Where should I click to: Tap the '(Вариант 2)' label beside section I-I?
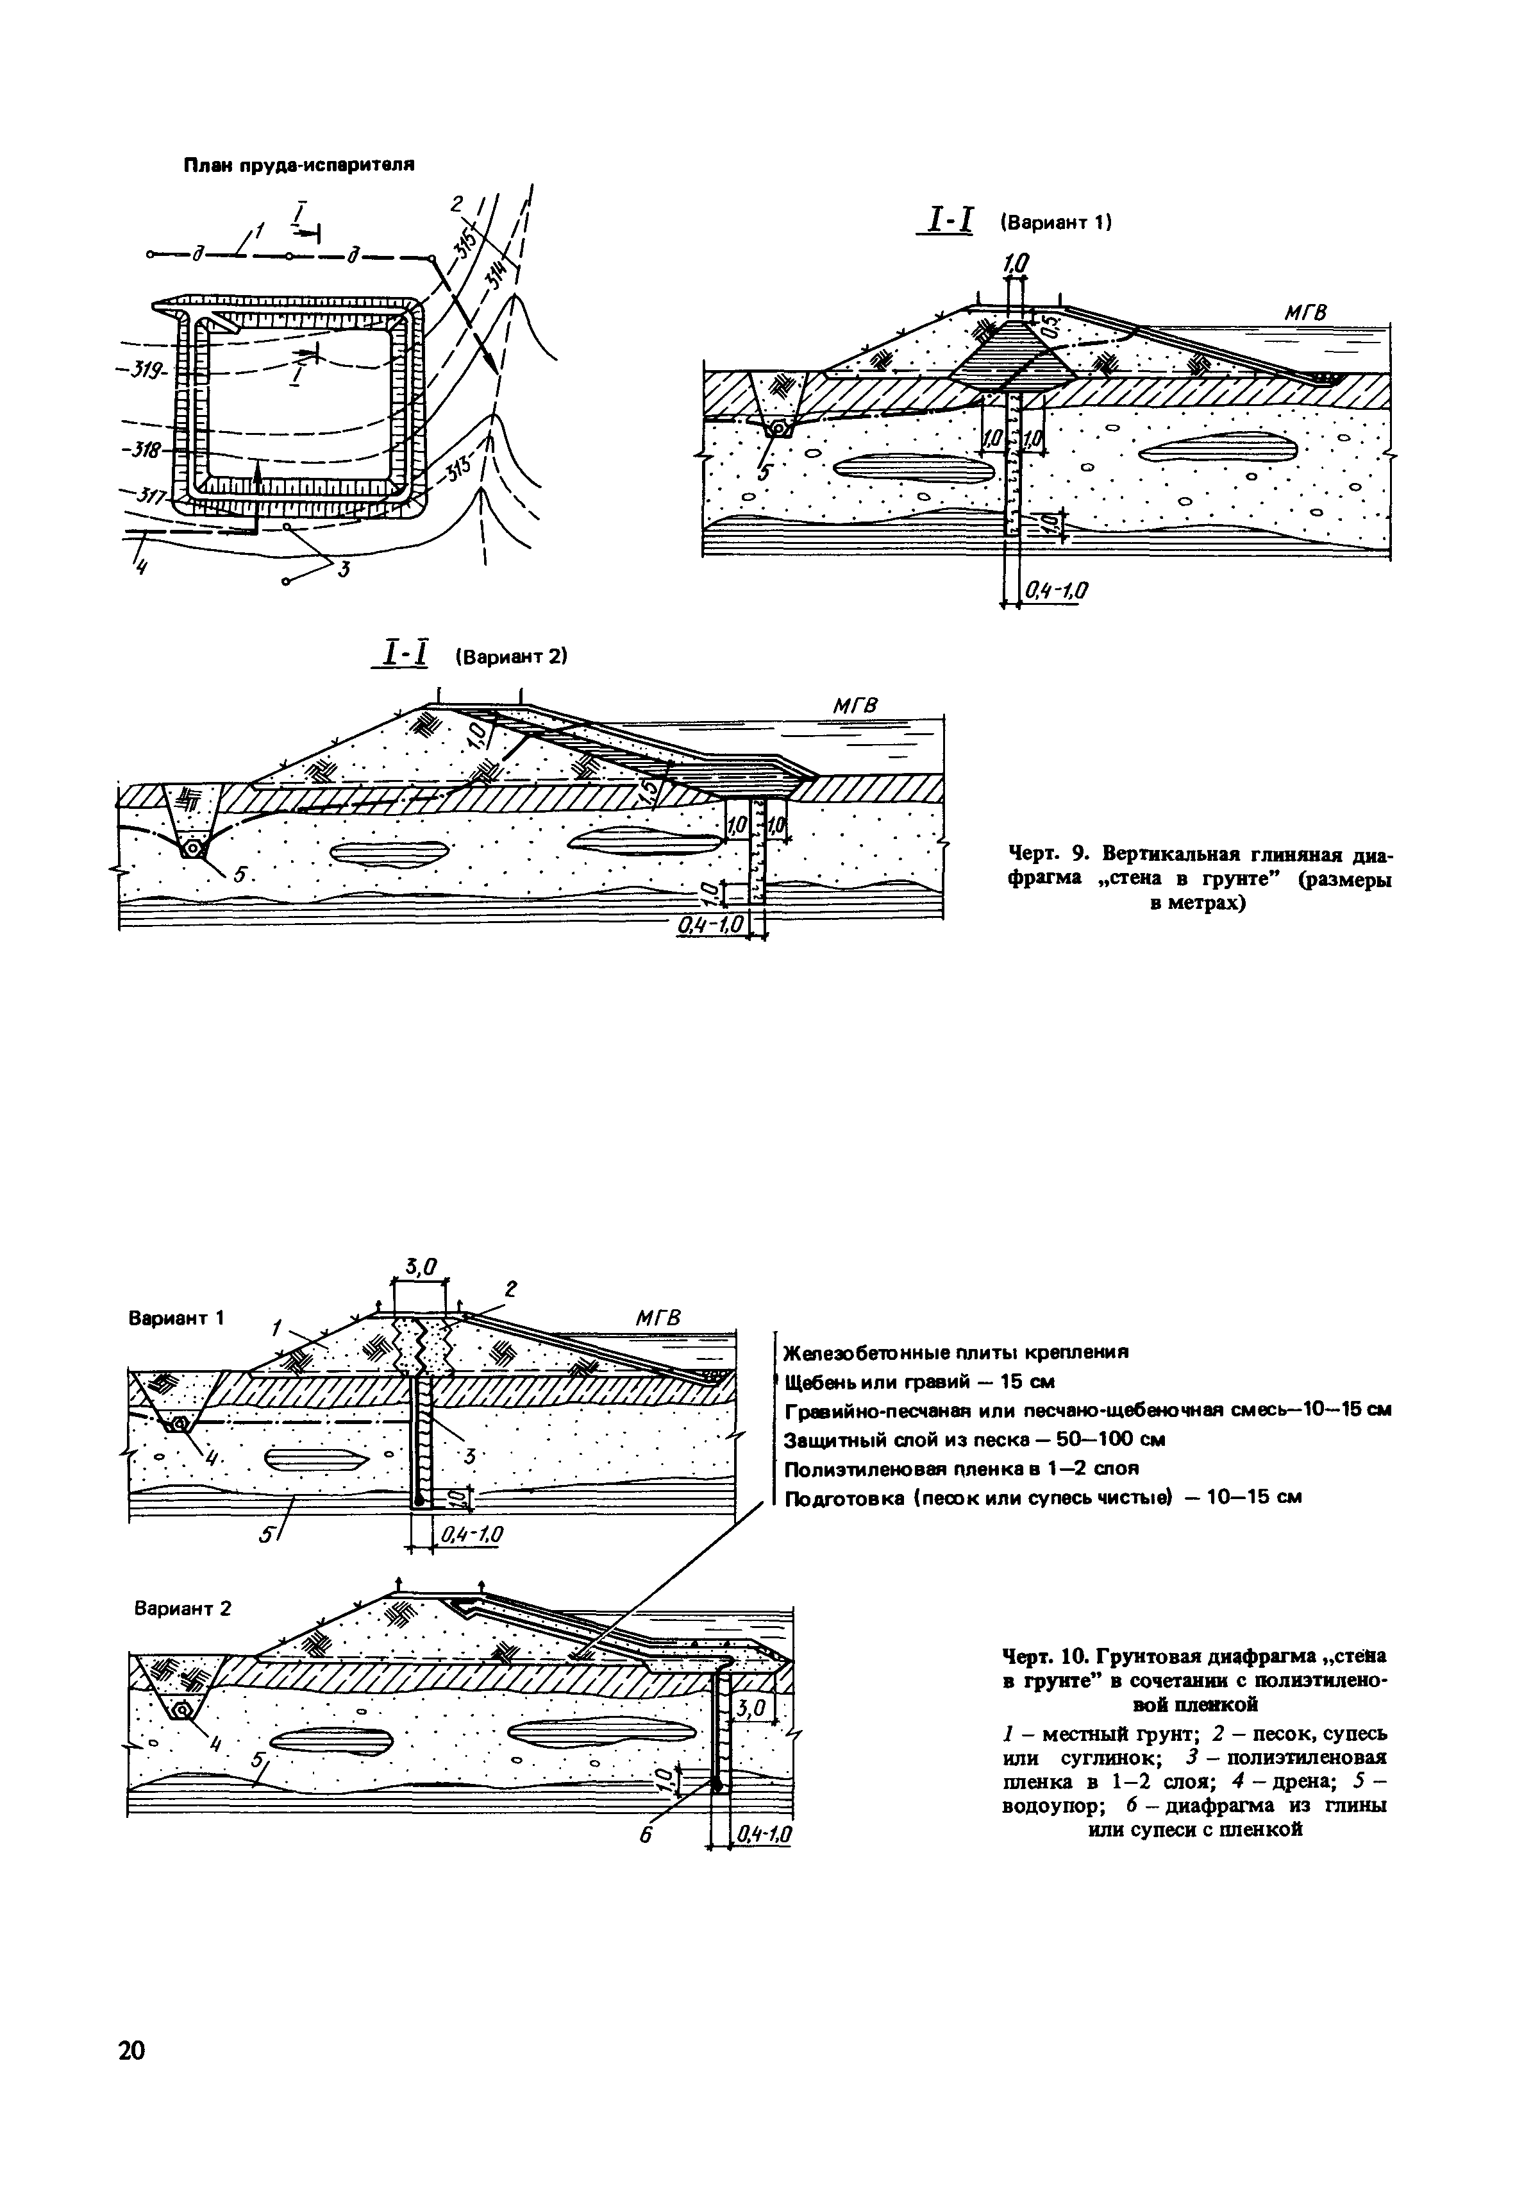click(x=510, y=656)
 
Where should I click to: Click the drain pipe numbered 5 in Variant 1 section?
click(x=778, y=429)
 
